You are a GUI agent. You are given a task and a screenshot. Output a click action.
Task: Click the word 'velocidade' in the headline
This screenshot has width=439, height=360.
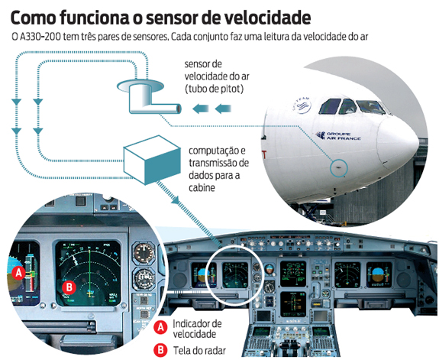(x=268, y=18)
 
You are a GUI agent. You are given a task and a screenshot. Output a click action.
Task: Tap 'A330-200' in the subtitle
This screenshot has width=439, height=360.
(x=40, y=37)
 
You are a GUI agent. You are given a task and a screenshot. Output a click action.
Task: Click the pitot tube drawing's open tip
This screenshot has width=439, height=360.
(x=178, y=109)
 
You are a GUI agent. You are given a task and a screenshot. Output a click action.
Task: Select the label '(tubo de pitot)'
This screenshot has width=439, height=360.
(x=215, y=89)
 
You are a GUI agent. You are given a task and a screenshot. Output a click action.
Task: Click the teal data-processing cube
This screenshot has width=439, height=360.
(x=152, y=160)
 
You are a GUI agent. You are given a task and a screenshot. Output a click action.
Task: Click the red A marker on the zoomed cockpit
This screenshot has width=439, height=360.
(x=19, y=272)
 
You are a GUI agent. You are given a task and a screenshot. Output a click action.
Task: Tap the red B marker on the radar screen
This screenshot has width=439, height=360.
(x=69, y=287)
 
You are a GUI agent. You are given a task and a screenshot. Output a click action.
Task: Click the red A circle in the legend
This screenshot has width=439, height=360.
(x=160, y=327)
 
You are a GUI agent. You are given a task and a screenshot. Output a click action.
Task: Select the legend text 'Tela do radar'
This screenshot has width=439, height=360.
(x=199, y=351)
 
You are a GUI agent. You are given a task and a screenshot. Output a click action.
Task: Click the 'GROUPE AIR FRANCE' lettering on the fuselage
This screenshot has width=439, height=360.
(x=338, y=136)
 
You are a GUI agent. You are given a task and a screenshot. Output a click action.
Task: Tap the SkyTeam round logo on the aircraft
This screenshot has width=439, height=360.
(x=302, y=105)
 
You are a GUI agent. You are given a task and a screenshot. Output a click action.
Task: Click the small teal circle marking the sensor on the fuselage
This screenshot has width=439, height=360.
(x=339, y=167)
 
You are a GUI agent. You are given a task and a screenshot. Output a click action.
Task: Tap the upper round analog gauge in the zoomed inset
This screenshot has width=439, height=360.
(x=144, y=252)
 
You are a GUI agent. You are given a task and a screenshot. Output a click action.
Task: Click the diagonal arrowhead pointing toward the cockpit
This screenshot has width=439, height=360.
(x=176, y=199)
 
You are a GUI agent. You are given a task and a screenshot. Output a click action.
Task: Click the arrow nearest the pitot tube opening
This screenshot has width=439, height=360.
(x=201, y=109)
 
